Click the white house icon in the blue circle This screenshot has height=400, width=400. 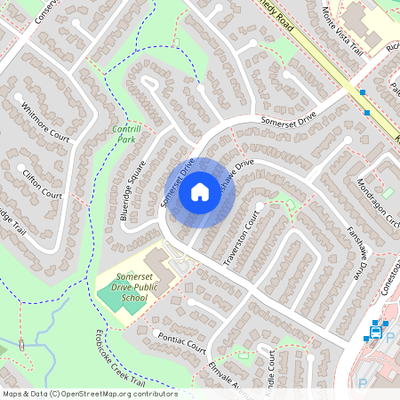(200, 191)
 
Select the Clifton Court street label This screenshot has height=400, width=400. (43, 182)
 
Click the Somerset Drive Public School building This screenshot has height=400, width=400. (158, 262)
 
